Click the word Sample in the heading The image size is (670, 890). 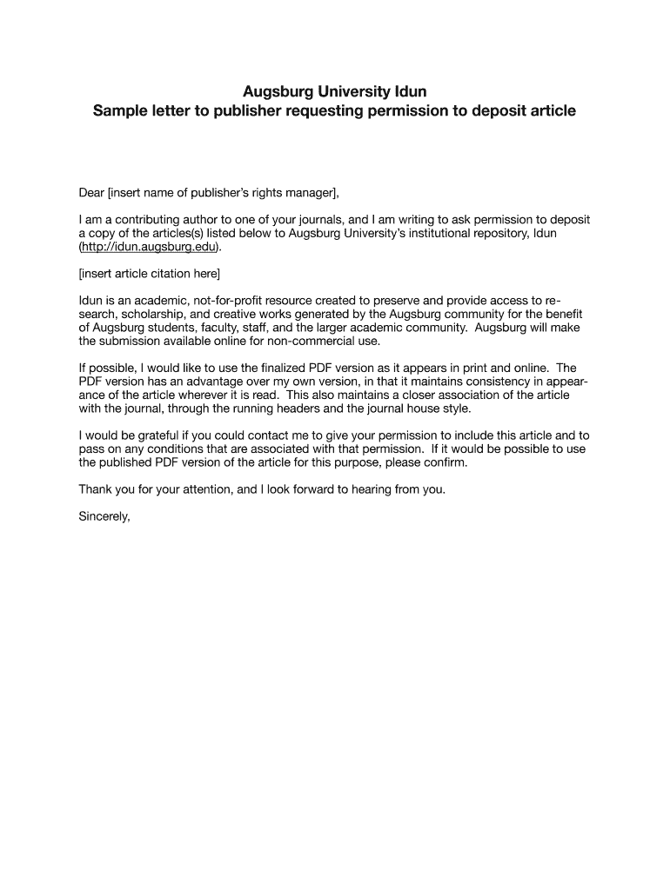coord(122,111)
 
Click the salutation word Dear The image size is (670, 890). coord(91,192)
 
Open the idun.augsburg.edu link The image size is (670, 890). coord(148,247)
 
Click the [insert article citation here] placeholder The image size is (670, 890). coord(150,274)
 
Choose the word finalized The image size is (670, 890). coord(261,369)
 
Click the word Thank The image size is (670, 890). coord(96,489)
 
